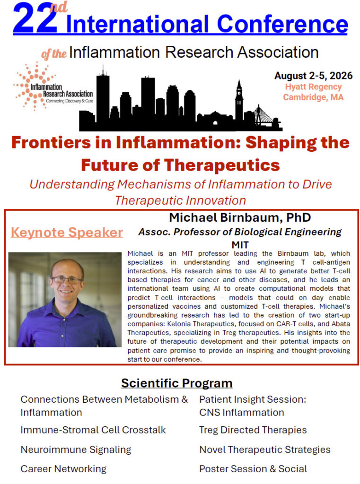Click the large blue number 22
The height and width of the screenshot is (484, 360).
(x=35, y=18)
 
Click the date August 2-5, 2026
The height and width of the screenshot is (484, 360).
(x=313, y=76)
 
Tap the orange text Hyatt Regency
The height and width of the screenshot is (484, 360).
(x=313, y=87)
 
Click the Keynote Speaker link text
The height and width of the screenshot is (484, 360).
(x=67, y=233)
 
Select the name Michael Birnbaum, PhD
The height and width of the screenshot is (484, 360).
(x=240, y=217)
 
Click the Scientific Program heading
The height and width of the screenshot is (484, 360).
(x=177, y=383)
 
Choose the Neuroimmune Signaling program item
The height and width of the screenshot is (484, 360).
(x=76, y=450)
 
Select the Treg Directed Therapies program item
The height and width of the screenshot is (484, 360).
(x=253, y=430)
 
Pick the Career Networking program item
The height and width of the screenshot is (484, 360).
(x=64, y=469)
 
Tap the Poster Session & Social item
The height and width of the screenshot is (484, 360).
(x=254, y=469)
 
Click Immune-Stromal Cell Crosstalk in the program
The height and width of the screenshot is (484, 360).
(x=93, y=430)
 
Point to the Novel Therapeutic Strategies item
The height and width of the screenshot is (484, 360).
(x=265, y=450)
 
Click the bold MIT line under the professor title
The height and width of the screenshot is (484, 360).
(x=240, y=245)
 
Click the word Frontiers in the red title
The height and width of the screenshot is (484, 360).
(x=51, y=143)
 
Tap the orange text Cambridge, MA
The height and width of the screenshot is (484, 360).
(x=313, y=97)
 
